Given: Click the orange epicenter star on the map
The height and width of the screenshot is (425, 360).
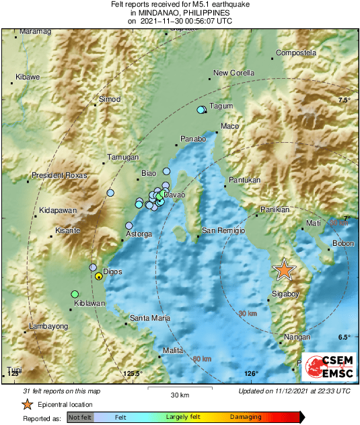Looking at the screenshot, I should (285, 269).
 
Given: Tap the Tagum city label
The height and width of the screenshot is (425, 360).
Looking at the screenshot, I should (221, 106).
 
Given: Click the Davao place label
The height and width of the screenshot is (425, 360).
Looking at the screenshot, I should (175, 195).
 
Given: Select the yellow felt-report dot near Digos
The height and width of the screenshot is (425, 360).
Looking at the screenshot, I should (99, 275).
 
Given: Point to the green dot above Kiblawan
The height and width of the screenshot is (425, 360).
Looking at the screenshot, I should (75, 294).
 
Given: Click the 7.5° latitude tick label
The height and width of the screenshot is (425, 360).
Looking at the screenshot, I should (345, 100).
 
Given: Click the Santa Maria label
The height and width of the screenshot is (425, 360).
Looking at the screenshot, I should (149, 317).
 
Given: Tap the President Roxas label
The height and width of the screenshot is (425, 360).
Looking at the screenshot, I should (59, 175).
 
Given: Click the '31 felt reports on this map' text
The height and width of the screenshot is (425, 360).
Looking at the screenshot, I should (62, 391).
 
